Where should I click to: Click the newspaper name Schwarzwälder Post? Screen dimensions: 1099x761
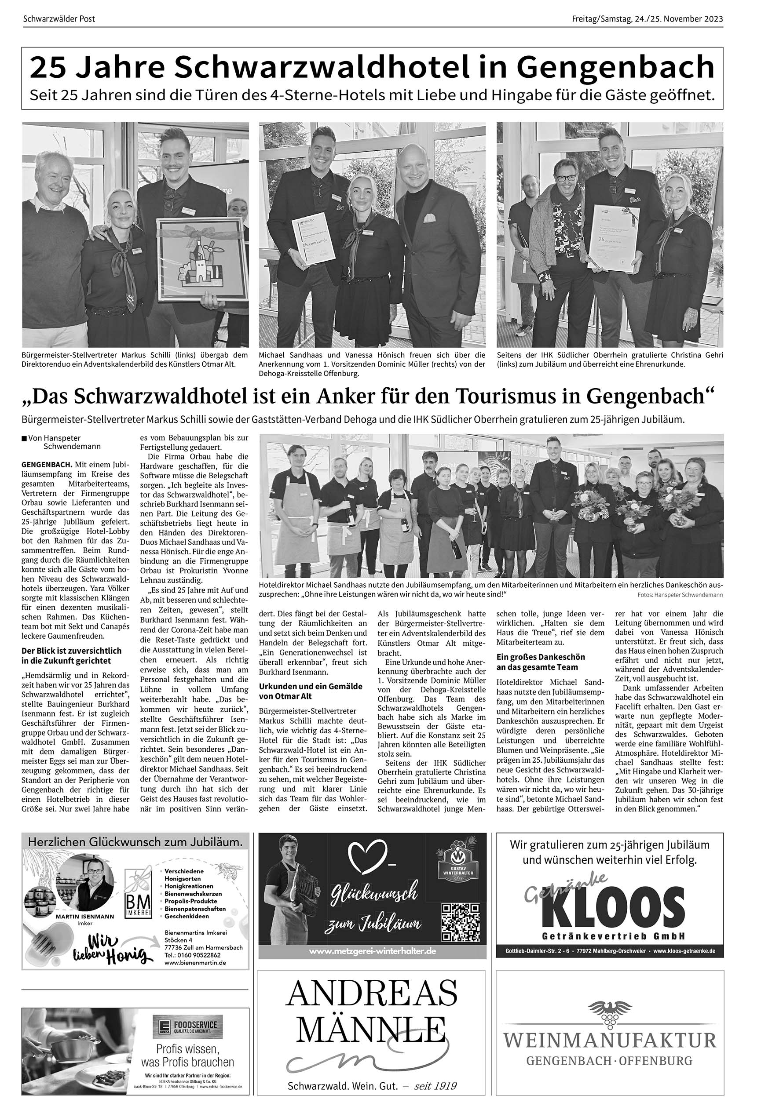tap(59, 19)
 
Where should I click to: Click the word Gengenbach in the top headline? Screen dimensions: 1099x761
tap(615, 68)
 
